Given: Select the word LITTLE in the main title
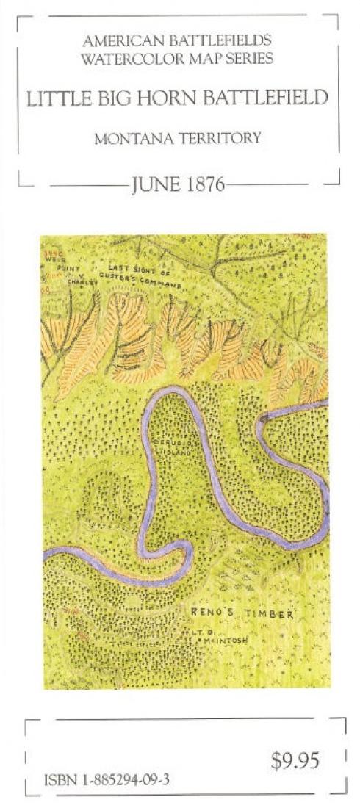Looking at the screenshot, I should (54, 98).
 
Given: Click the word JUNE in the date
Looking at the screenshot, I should (150, 184).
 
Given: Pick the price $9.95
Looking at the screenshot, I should (295, 762).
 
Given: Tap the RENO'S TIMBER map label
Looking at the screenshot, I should (242, 614).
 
